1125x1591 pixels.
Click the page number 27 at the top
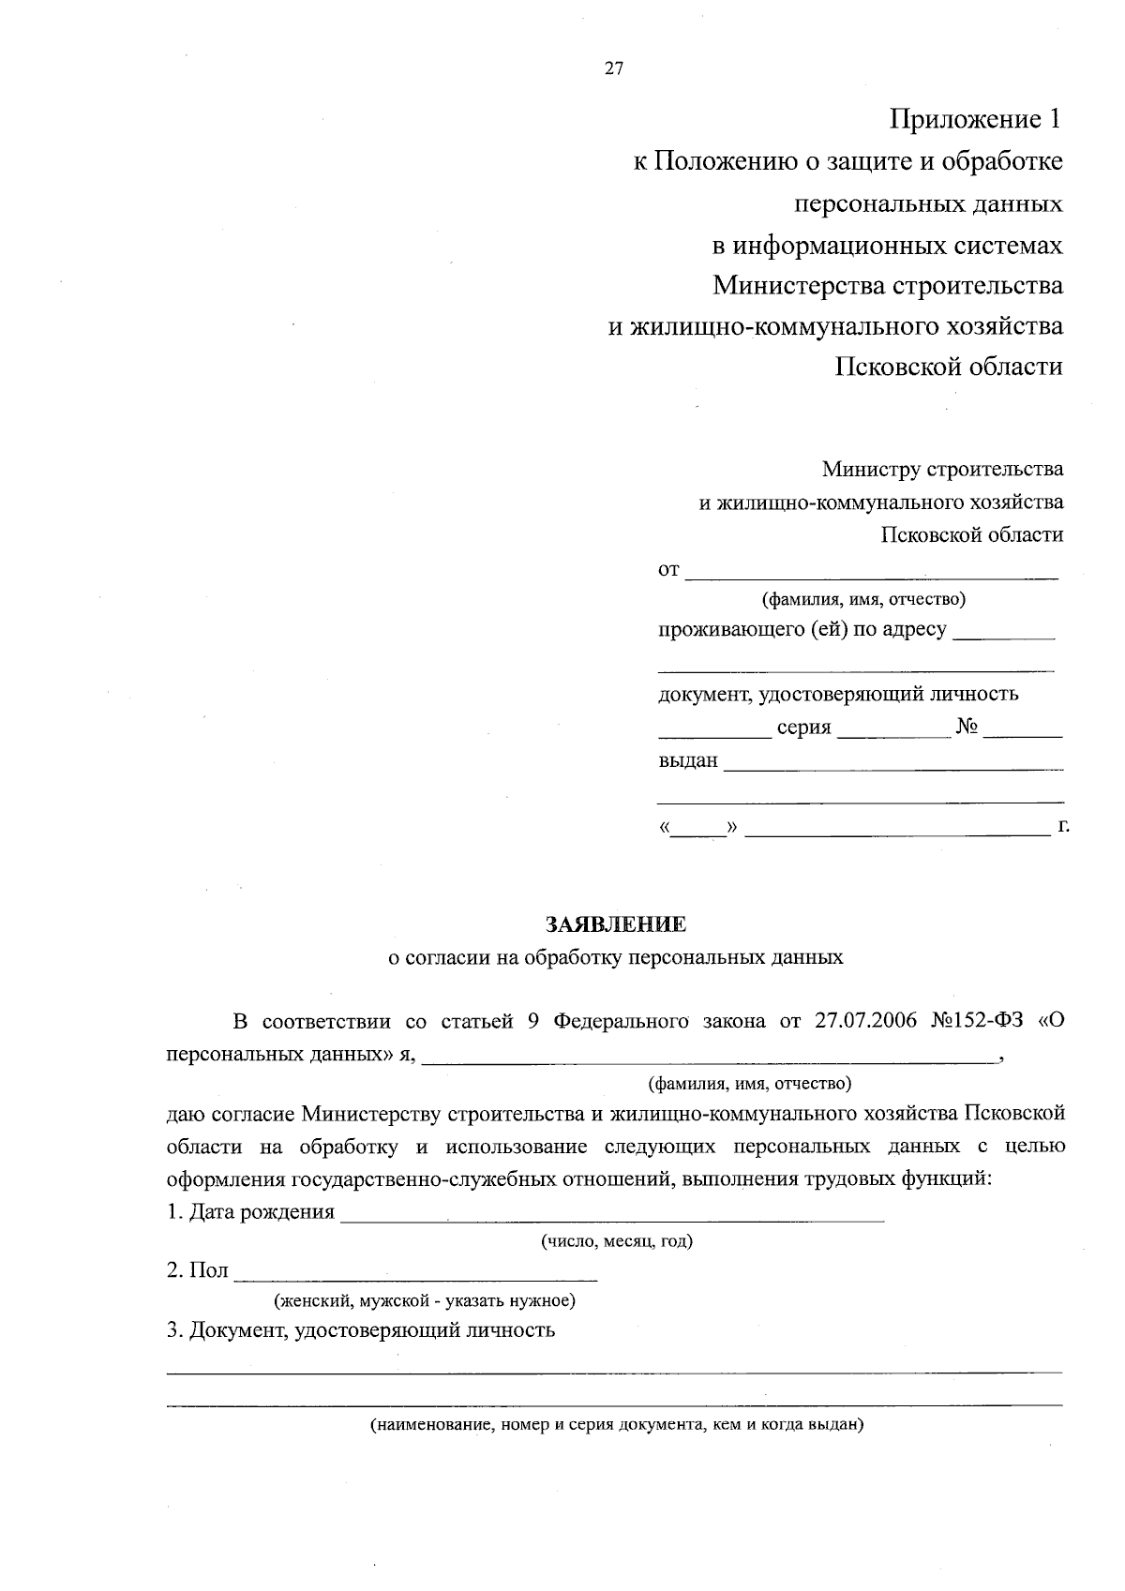[614, 68]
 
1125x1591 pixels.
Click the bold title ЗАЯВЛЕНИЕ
[616, 924]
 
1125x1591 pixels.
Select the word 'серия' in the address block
[803, 728]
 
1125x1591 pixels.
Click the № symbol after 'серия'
[967, 728]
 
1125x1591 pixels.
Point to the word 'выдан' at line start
[688, 760]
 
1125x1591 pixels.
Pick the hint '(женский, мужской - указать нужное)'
[424, 1300]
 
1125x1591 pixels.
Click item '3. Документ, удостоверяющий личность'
[361, 1329]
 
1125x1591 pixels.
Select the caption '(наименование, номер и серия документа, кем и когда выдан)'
[616, 1425]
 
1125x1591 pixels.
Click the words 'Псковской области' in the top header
[949, 367]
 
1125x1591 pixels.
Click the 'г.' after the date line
[1063, 826]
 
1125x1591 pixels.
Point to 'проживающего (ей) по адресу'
[802, 629]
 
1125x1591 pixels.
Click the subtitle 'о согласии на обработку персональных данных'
[616, 957]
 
